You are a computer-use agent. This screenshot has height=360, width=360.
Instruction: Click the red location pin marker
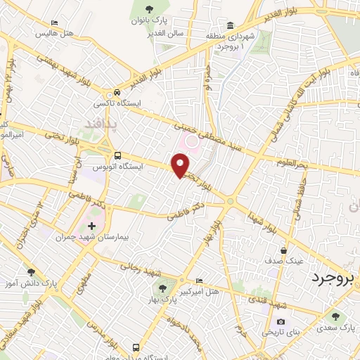point(181,165)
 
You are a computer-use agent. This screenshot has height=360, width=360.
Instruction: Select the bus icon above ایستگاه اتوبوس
point(117,156)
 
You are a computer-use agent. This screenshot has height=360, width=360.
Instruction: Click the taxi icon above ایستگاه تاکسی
point(117,92)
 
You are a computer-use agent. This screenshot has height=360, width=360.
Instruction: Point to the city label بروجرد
point(334,276)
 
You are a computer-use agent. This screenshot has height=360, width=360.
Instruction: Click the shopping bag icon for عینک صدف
point(283,250)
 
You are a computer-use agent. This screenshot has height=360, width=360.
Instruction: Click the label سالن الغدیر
point(166,34)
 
